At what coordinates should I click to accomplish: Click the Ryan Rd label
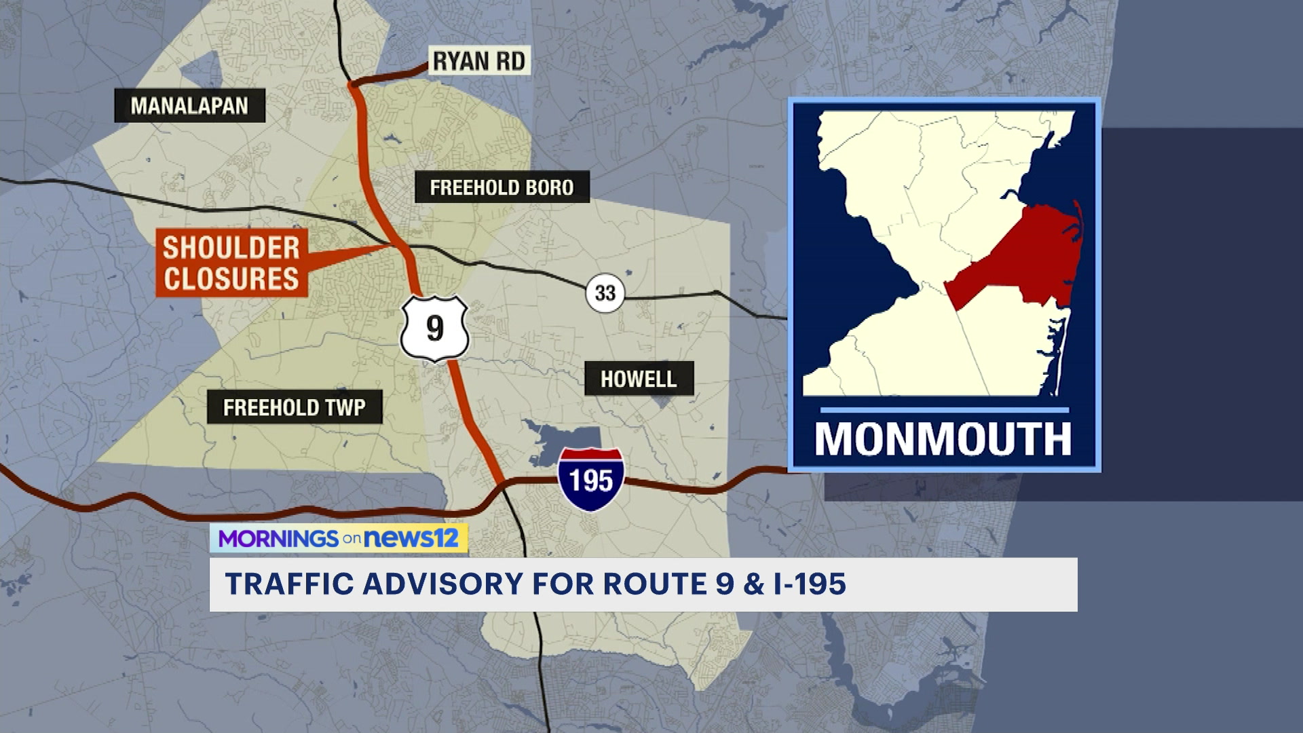click(x=479, y=61)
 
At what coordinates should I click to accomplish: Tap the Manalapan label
click(x=189, y=106)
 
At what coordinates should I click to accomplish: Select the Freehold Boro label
click(x=502, y=187)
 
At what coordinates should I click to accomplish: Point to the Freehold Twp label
click(x=295, y=407)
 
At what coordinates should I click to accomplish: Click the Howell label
click(x=639, y=379)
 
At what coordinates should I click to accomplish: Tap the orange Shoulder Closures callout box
click(x=231, y=263)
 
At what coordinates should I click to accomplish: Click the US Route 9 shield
click(x=434, y=328)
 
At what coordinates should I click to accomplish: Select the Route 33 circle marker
click(x=605, y=293)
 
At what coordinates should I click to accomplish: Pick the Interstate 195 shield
click(x=591, y=479)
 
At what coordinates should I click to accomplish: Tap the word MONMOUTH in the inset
click(x=943, y=439)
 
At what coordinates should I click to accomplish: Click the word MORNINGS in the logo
click(x=278, y=539)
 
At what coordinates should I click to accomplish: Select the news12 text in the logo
click(x=411, y=538)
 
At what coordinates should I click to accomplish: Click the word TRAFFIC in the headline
click(x=289, y=584)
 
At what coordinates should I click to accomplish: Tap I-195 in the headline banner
click(x=810, y=584)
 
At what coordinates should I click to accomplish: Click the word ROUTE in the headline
click(x=655, y=584)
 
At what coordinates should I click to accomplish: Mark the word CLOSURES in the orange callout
click(x=231, y=279)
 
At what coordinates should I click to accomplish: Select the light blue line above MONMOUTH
click(x=944, y=410)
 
